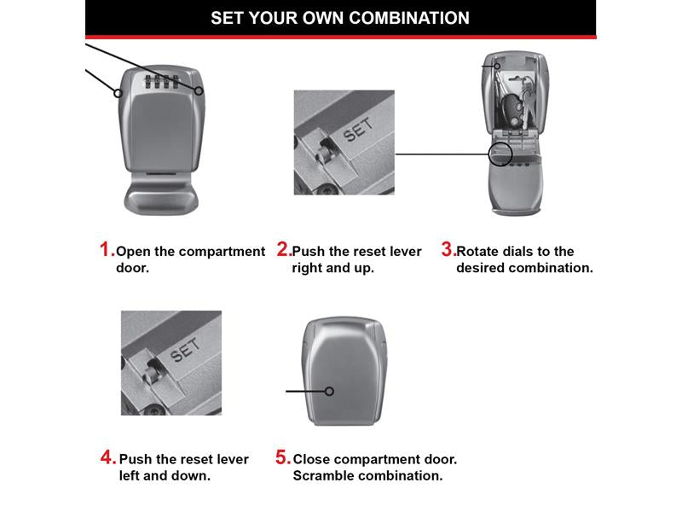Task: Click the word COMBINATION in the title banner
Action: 409,18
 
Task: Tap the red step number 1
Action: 107,249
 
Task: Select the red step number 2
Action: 283,249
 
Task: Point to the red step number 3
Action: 448,249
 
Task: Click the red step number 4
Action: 108,457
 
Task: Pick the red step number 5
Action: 283,457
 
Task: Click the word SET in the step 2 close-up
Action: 358,130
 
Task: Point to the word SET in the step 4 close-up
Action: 185,350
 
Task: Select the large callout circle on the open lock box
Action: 500,154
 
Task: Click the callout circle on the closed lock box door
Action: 329,392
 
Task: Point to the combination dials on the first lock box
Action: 161,81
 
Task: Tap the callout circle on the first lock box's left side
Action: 118,93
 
